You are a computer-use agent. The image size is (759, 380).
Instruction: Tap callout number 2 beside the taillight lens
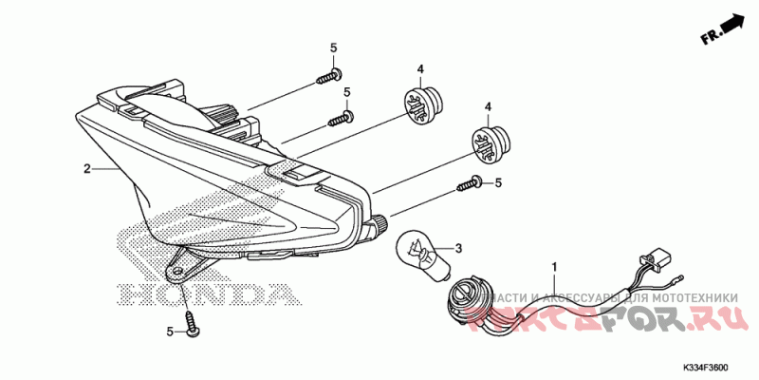tap(86, 169)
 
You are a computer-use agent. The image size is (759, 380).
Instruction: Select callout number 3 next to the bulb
tap(458, 249)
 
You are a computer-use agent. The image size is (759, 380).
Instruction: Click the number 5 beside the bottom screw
tap(171, 332)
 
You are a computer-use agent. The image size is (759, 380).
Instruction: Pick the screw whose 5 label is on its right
tap(468, 184)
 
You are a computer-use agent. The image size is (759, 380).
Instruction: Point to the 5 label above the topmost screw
tap(333, 48)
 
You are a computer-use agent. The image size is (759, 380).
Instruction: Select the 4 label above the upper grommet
tap(419, 68)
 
